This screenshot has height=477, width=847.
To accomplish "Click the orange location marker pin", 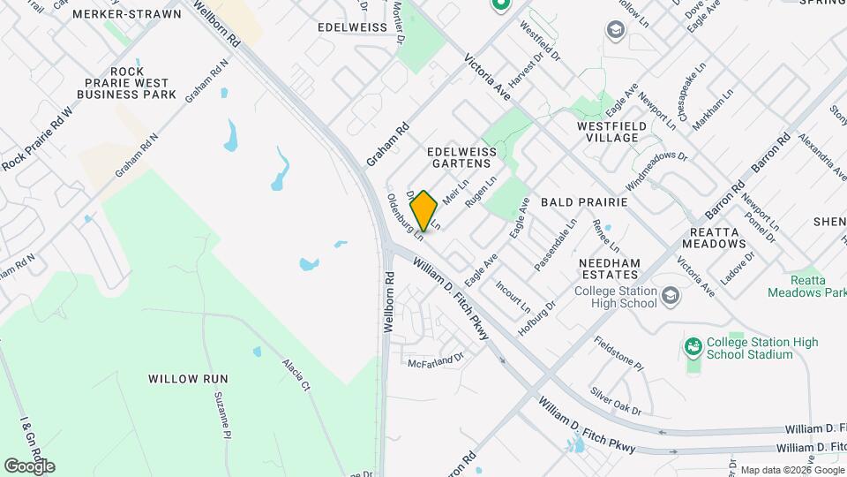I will [423, 210].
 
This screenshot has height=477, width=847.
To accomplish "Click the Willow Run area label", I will [188, 378].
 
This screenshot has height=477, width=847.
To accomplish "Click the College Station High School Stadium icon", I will [693, 347].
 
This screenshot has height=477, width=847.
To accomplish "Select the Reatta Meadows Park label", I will [807, 285].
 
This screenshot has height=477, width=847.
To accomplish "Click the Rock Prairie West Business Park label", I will [126, 82].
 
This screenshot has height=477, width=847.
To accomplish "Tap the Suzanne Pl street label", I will [221, 417].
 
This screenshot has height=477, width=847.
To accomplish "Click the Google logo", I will [29, 466].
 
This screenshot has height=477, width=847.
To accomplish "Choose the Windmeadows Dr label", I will [656, 167].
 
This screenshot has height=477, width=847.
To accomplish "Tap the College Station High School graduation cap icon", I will [670, 295].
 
